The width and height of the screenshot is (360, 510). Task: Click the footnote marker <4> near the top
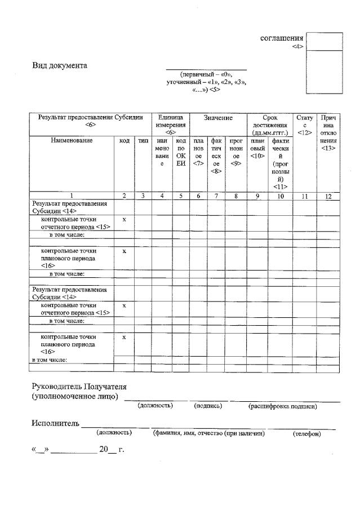[x=298, y=47]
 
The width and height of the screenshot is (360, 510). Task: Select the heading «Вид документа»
[x=60, y=66]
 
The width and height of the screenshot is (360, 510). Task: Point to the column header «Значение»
[x=218, y=118]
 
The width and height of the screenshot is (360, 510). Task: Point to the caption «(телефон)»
[x=307, y=433]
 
